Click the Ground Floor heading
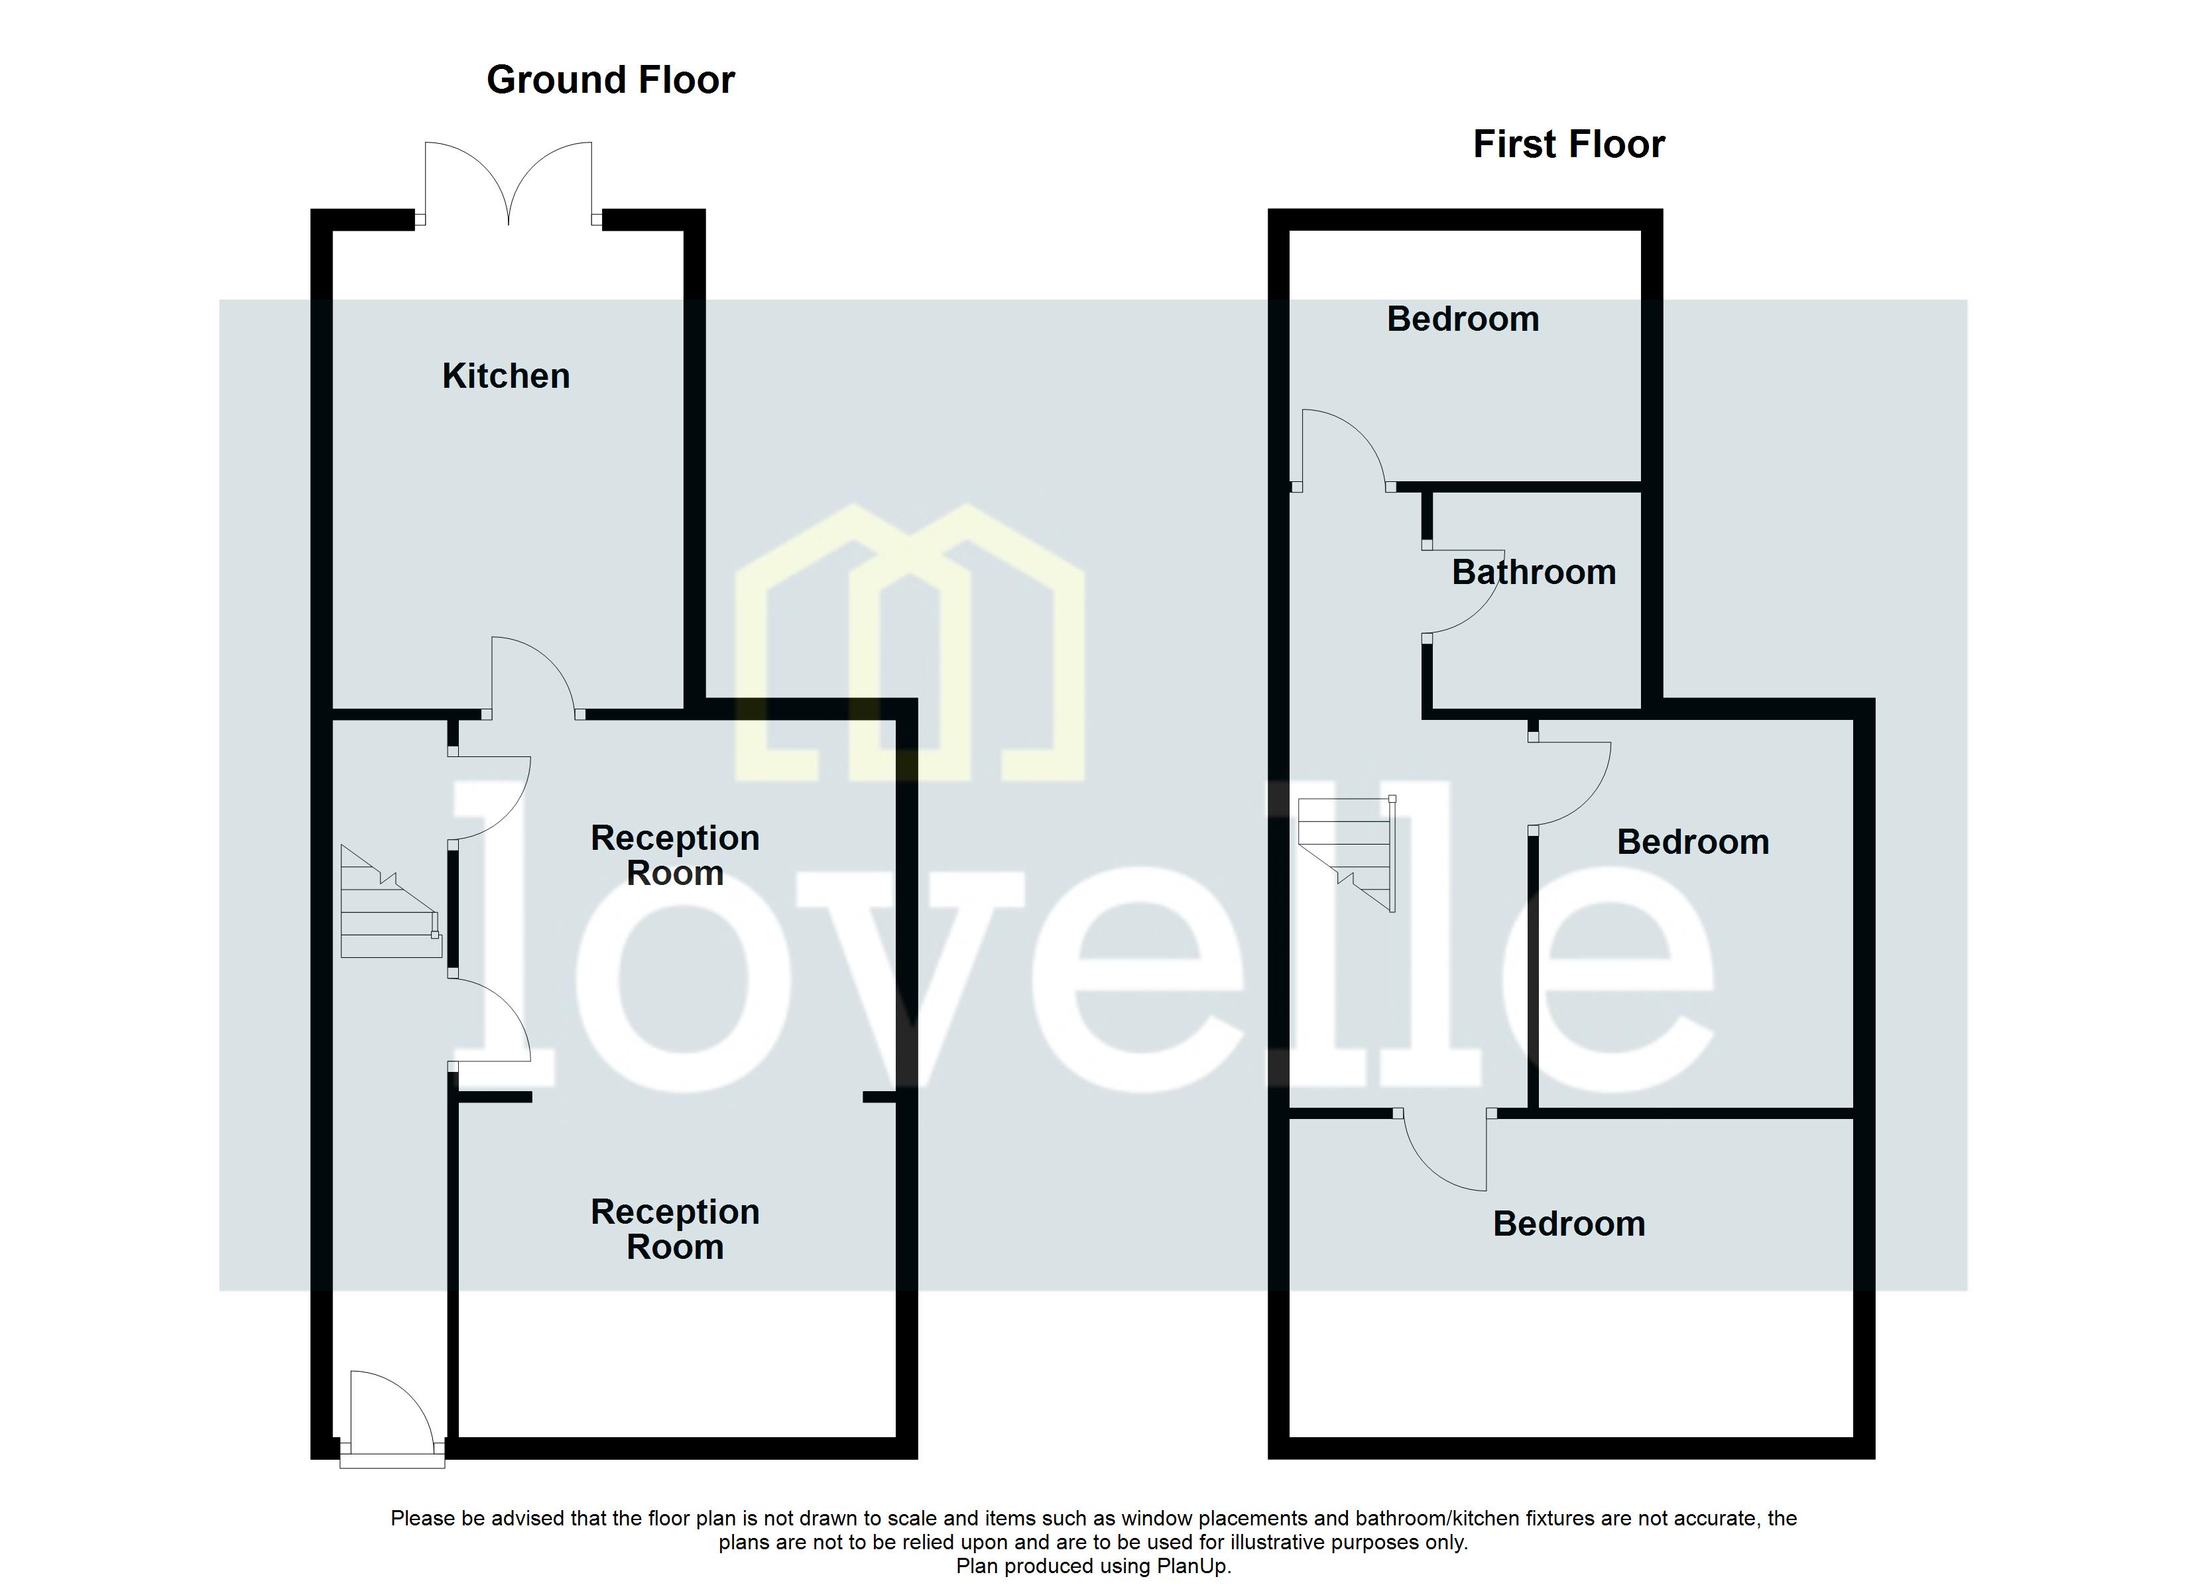(x=610, y=80)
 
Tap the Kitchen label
(x=505, y=377)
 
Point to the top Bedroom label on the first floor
(x=1463, y=320)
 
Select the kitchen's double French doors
(x=509, y=184)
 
